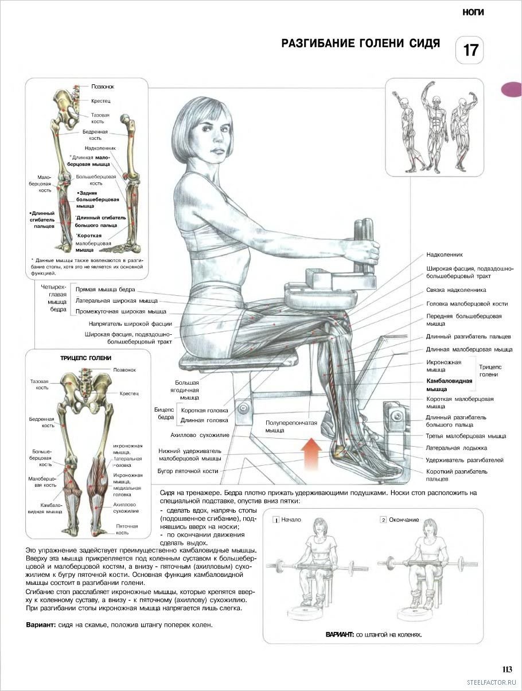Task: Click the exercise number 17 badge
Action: point(469,50)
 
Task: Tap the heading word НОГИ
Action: point(473,13)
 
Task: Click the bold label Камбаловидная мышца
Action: point(449,385)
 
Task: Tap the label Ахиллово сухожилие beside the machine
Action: point(200,435)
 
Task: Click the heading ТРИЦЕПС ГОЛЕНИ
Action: point(85,358)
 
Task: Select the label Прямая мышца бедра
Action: point(105,290)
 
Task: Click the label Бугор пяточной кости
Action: point(188,471)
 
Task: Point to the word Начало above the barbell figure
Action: point(291,520)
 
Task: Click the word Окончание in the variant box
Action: point(404,520)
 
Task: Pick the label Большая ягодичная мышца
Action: point(187,391)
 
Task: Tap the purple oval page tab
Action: point(512,89)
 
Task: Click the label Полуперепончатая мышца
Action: point(291,427)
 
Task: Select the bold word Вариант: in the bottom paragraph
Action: point(41,625)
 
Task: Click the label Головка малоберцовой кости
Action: point(467,304)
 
